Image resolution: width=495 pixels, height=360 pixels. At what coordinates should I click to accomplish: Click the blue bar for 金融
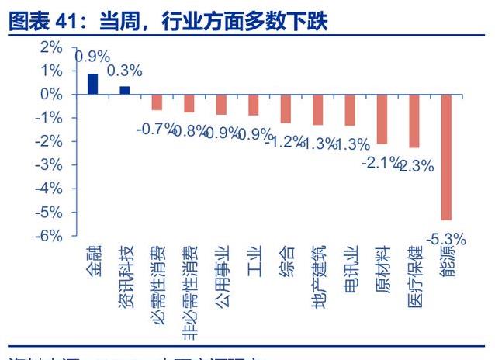tap(92, 84)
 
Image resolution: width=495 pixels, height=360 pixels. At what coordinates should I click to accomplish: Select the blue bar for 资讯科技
tap(124, 90)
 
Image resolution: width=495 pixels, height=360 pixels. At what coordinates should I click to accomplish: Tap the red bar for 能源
tap(446, 157)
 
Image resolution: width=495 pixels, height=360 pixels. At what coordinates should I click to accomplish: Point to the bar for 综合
tap(286, 109)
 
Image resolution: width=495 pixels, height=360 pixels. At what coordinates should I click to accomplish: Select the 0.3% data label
tap(124, 71)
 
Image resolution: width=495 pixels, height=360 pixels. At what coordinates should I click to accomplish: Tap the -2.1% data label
tap(380, 163)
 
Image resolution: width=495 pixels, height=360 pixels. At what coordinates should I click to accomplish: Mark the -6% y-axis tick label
tap(48, 236)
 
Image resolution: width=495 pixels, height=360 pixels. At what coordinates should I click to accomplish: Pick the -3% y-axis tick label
tap(48, 165)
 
